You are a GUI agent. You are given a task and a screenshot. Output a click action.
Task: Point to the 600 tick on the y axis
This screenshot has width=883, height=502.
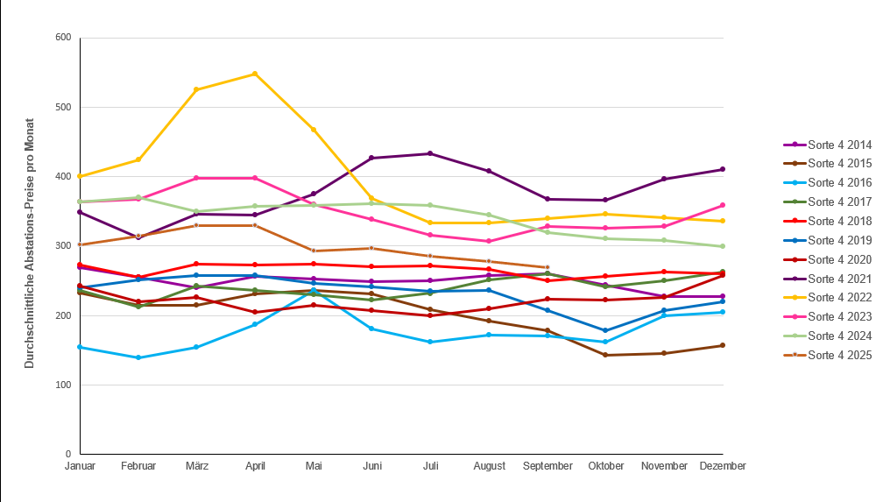click(62, 38)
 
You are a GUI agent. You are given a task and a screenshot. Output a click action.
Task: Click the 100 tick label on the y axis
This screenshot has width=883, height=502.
click(62, 385)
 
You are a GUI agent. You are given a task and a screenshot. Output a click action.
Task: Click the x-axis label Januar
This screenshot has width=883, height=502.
click(80, 466)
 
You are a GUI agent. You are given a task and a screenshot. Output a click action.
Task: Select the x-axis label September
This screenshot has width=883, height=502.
click(547, 466)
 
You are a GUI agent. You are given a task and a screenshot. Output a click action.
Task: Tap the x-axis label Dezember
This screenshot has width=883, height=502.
click(723, 466)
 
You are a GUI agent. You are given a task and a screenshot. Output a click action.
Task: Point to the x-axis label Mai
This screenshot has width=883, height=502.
click(314, 466)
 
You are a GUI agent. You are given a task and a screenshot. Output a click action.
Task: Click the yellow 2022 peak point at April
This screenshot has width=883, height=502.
click(255, 74)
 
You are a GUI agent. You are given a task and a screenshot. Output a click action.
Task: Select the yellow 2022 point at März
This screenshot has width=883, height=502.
click(196, 89)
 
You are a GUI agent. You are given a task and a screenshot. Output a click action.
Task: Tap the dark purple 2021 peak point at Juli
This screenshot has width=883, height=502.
click(430, 154)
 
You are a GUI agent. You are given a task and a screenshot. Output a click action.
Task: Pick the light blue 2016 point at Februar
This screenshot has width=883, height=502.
click(138, 357)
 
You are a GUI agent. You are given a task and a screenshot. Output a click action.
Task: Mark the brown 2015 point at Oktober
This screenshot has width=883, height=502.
click(605, 355)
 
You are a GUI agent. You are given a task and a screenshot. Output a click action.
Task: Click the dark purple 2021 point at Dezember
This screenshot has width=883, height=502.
click(723, 169)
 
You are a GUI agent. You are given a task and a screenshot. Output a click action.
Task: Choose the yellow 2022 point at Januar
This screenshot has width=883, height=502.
click(80, 176)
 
